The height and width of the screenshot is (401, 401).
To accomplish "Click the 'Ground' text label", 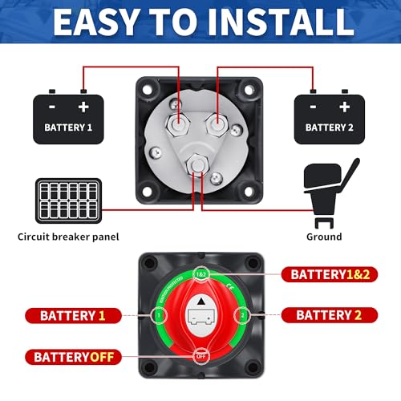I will pos(324,237).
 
